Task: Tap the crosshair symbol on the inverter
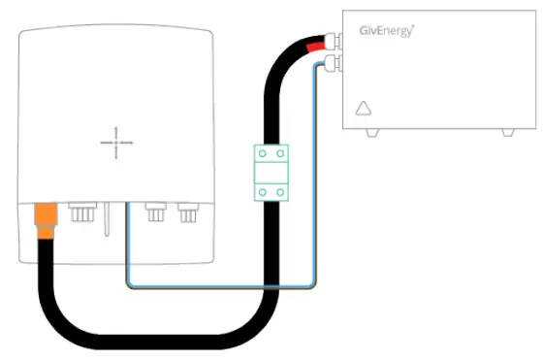tap(116, 143)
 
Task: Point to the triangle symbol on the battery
tap(365, 109)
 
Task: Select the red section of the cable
tap(315, 46)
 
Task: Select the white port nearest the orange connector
tap(80, 212)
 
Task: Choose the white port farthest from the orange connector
tap(186, 212)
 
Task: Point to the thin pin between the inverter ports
tap(106, 218)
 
